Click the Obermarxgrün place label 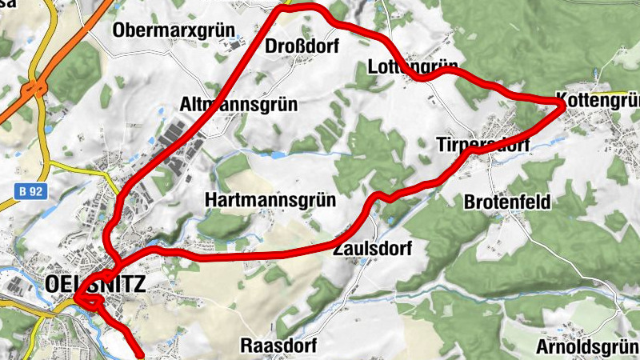pos(174,30)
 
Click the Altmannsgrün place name pos(238,105)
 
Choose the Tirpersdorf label pos(483,145)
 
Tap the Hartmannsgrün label pos(270,199)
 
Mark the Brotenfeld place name pos(507,202)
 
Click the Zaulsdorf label pos(373,249)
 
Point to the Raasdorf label pos(278,346)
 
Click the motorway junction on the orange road pos(34,86)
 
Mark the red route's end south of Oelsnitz pos(141,353)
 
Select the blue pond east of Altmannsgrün pos(277,154)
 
